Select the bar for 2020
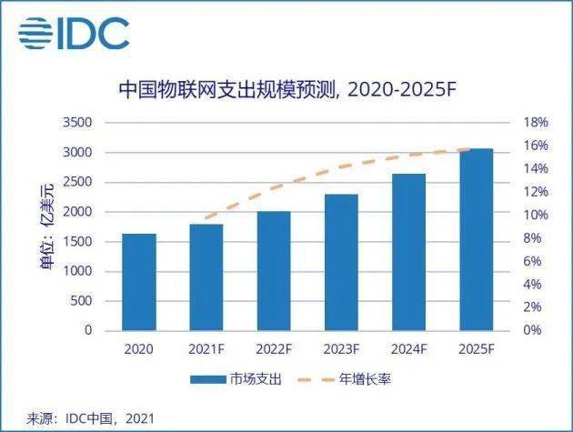coord(138,282)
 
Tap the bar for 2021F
coord(206,277)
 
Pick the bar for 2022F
coord(274,271)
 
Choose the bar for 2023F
coord(341,263)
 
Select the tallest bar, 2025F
coord(476,239)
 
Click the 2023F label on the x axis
coord(341,348)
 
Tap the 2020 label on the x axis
coord(138,348)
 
